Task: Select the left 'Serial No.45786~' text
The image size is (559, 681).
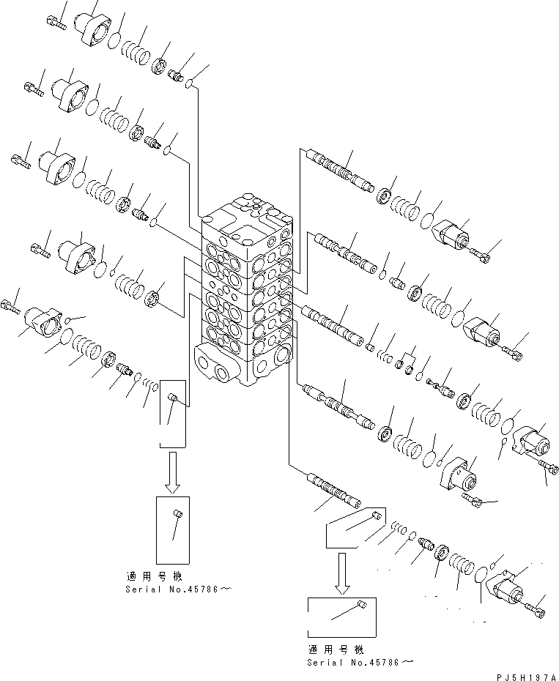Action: pyautogui.click(x=174, y=589)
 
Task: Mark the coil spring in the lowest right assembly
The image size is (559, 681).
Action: pyautogui.click(x=459, y=567)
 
